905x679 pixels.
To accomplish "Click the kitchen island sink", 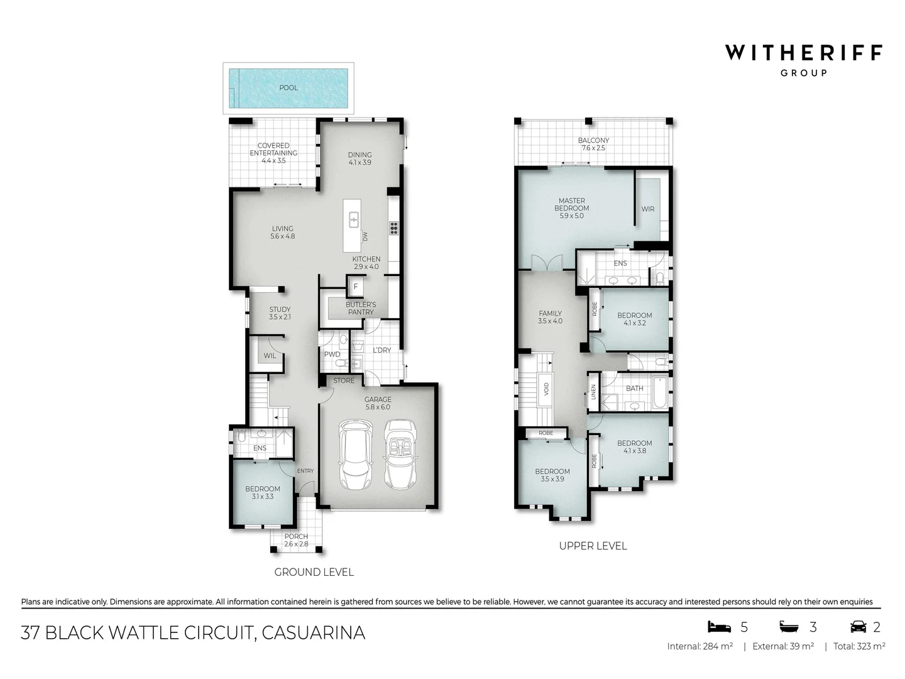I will pos(354,219).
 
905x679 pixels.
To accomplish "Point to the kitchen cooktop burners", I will pos(395,228).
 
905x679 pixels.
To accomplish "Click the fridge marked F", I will pos(356,287).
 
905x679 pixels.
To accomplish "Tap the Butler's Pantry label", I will pos(361,308).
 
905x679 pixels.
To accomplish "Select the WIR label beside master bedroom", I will pos(647,209).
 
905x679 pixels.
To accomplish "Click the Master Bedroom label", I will pos(571,204).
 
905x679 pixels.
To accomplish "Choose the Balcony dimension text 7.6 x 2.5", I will pos(593,148).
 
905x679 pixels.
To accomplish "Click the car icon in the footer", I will pos(857,626).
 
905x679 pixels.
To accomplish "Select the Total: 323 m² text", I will pos(859,646).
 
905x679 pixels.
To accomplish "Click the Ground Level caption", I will pos(314,572).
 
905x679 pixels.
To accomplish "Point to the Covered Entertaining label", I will pos(273,149).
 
